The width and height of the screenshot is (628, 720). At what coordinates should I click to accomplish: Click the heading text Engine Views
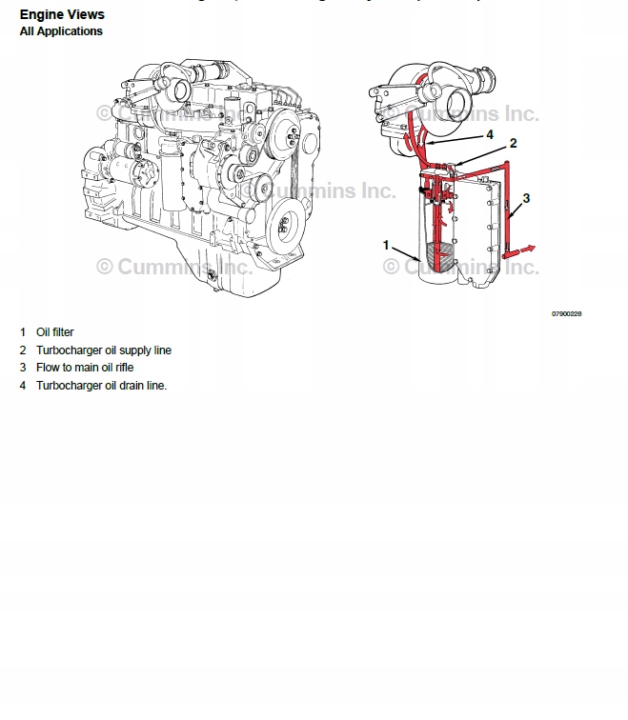click(62, 15)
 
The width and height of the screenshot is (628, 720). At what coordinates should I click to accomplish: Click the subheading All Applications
click(61, 31)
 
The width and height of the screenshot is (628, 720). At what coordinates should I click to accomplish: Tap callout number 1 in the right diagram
click(386, 245)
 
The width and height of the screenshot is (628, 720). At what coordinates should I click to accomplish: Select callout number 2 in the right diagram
click(513, 143)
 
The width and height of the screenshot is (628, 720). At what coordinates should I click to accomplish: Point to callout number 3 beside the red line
click(526, 197)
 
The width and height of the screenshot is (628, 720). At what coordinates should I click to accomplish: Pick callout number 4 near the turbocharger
click(489, 134)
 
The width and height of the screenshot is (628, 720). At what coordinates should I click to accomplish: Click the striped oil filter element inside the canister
click(439, 256)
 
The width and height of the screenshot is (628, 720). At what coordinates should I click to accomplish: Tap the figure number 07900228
click(566, 313)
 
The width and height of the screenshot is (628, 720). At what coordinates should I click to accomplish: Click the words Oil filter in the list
click(54, 332)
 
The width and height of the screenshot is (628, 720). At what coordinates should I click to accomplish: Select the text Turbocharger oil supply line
click(104, 350)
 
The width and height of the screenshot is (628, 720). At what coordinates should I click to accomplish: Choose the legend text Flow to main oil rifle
click(85, 368)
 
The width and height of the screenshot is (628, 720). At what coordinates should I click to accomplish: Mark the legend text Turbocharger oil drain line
click(101, 386)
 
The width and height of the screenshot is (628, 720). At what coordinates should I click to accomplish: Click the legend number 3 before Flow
click(22, 368)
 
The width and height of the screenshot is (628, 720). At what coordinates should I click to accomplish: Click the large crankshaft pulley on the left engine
click(283, 227)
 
